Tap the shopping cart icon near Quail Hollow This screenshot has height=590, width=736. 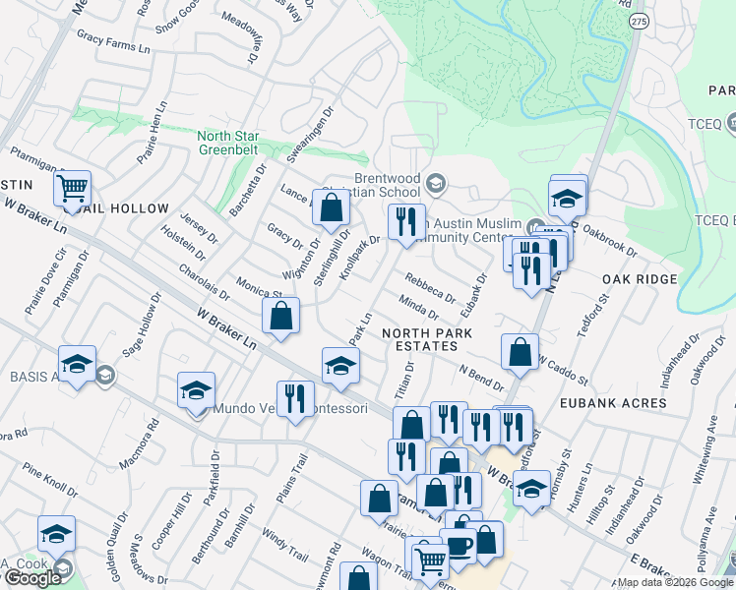tap(74, 187)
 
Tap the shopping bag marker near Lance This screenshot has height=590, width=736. tap(332, 207)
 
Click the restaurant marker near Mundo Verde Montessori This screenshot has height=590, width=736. tap(294, 398)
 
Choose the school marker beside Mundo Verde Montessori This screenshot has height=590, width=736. tap(196, 390)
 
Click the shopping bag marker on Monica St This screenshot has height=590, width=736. tap(280, 316)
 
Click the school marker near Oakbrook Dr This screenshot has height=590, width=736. tap(568, 198)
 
